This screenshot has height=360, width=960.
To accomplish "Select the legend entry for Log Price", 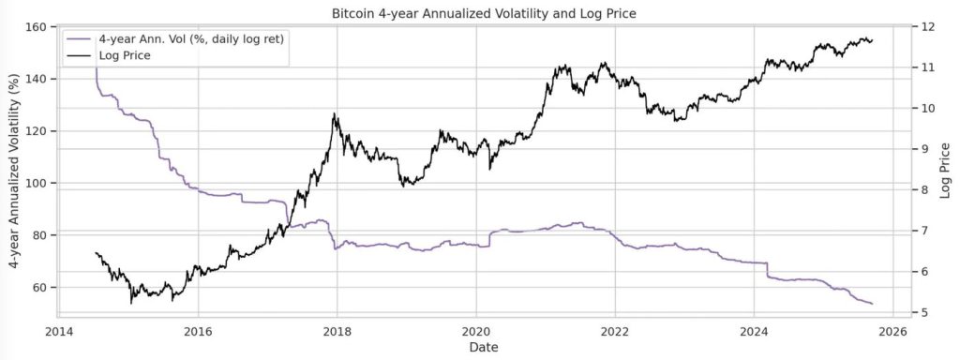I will coord(125,55).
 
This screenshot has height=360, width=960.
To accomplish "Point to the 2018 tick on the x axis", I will coord(337,331).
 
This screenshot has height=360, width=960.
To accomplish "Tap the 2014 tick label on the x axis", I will coord(59,331).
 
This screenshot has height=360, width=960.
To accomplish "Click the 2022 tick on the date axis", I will coord(615,331).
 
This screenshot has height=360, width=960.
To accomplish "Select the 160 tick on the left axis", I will coord(37,26).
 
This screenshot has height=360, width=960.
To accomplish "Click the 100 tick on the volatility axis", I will coord(37,183).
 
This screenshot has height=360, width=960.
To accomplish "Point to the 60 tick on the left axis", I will coord(41,287).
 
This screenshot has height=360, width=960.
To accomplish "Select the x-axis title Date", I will coord(480,348).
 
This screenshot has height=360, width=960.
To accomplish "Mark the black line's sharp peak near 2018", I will coord(335,114).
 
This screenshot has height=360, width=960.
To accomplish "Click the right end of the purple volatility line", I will coord(872,304).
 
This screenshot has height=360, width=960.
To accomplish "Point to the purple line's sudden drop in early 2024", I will coord(767,271).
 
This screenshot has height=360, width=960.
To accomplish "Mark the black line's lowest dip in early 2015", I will coord(131,303).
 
